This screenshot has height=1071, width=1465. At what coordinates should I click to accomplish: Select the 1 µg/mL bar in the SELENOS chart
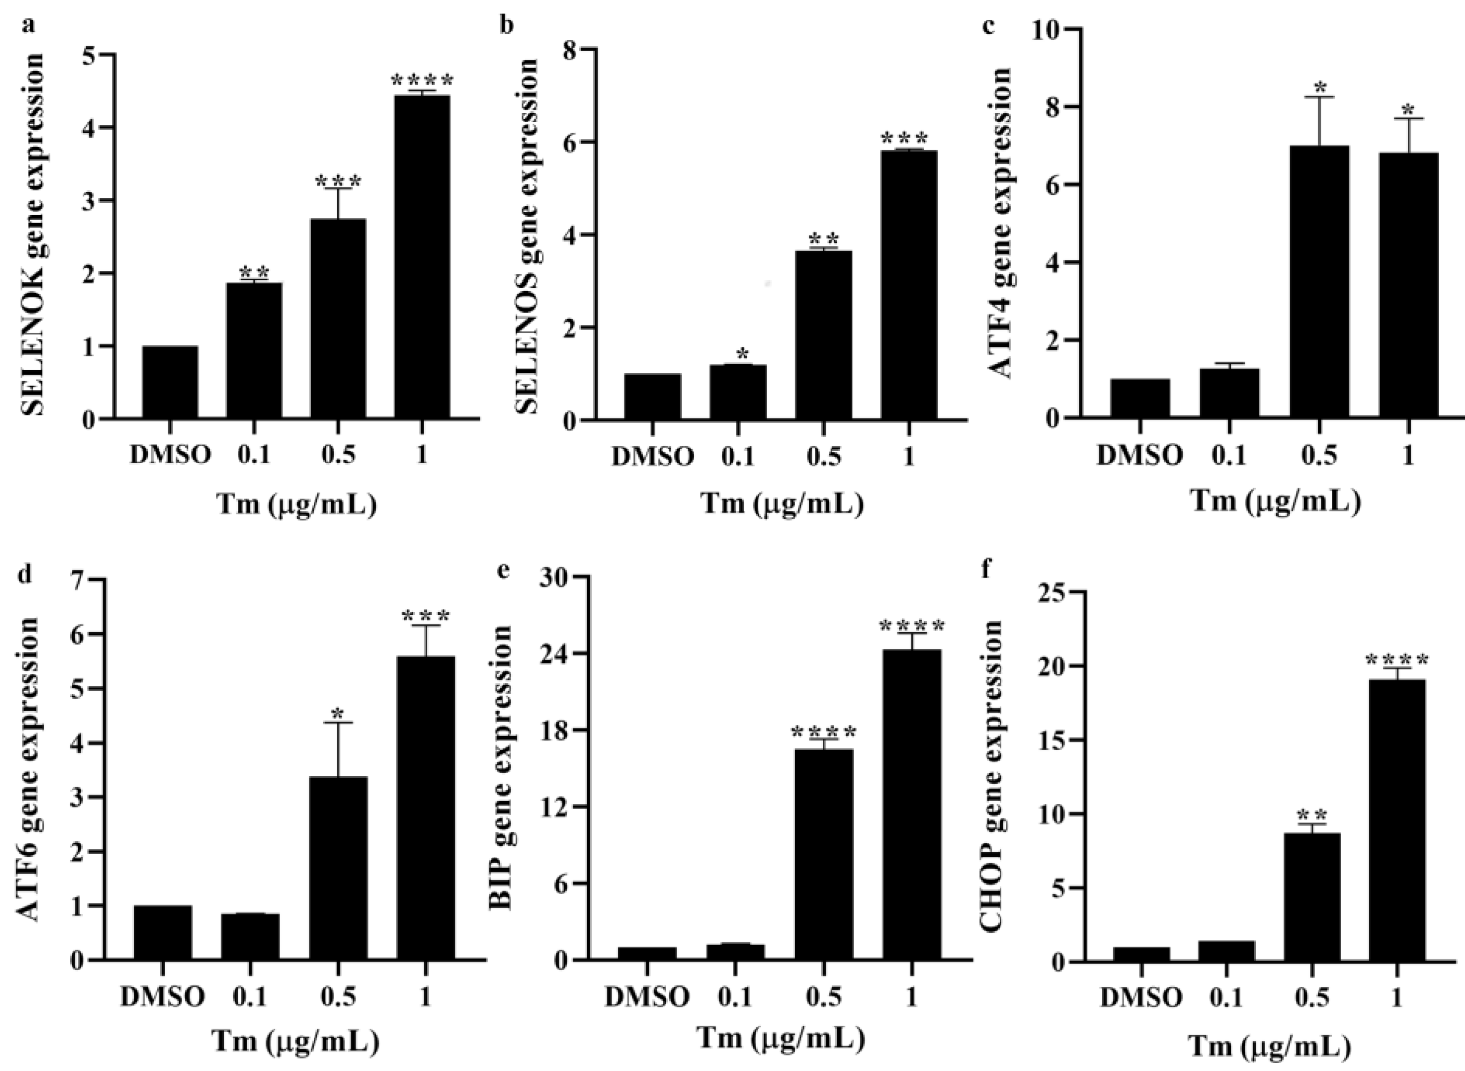[908, 285]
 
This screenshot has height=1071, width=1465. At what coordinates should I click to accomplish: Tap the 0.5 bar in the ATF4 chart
[1319, 282]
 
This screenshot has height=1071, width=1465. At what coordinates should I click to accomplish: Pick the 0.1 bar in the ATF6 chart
[250, 936]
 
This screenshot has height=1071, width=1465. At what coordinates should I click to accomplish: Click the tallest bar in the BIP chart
[912, 804]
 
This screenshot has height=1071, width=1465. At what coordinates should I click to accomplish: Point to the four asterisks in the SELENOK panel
[422, 81]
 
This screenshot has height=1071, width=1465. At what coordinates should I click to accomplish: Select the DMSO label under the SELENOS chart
[652, 457]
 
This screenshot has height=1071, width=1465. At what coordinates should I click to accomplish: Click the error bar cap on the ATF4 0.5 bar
[1319, 97]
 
